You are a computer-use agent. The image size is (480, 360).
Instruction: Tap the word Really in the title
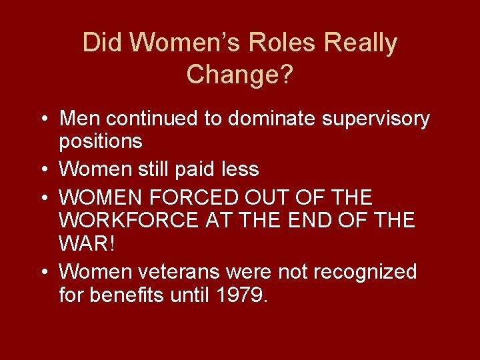(x=361, y=43)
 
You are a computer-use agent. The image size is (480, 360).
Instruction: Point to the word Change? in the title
(x=240, y=74)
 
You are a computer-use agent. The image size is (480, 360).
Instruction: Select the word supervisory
(x=376, y=120)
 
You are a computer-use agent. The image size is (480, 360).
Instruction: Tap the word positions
(x=101, y=142)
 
